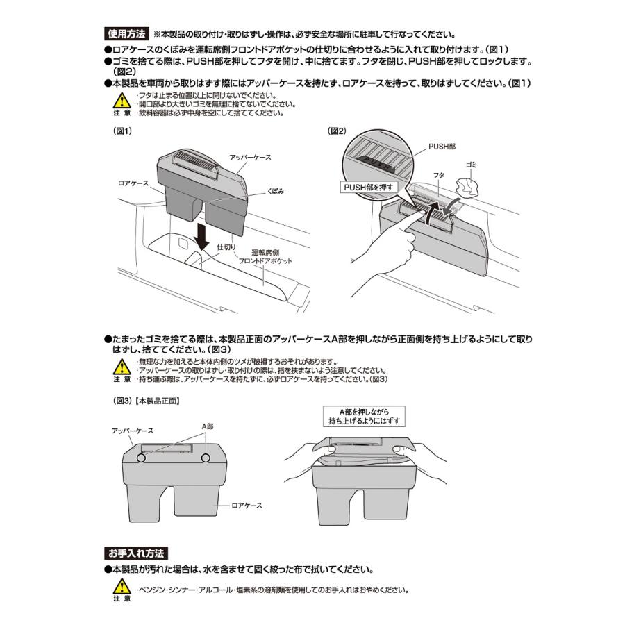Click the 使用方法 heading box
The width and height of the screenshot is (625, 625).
point(126,33)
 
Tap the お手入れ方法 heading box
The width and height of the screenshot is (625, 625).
point(135,554)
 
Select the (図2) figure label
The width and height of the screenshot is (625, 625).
point(337,131)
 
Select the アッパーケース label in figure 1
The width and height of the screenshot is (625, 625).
point(249,158)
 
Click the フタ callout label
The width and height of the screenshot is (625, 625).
point(439,176)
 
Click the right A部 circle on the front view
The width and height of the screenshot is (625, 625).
point(206,459)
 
